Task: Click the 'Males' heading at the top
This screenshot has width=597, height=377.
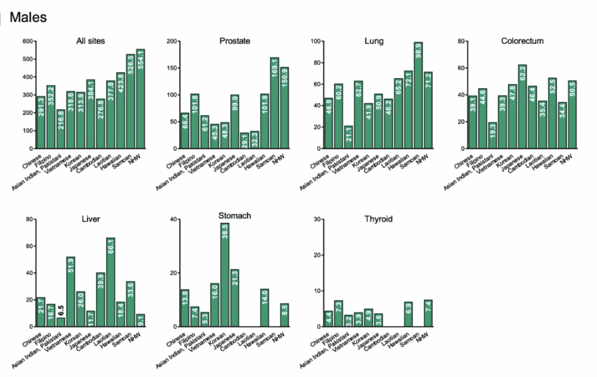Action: pos(28,18)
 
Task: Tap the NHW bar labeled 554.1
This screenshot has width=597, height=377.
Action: pos(141,99)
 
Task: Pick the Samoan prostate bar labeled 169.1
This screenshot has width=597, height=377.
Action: pos(275,103)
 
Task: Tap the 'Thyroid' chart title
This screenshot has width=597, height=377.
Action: pos(378,219)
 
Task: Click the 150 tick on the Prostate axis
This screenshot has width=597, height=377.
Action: pos(171,68)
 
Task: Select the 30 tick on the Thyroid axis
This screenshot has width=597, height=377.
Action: pos(317,219)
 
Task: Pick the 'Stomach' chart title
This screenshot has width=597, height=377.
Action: pos(235,216)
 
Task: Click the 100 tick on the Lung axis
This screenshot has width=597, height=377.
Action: pos(316,41)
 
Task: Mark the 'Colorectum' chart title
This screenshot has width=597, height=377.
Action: pos(522,41)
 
